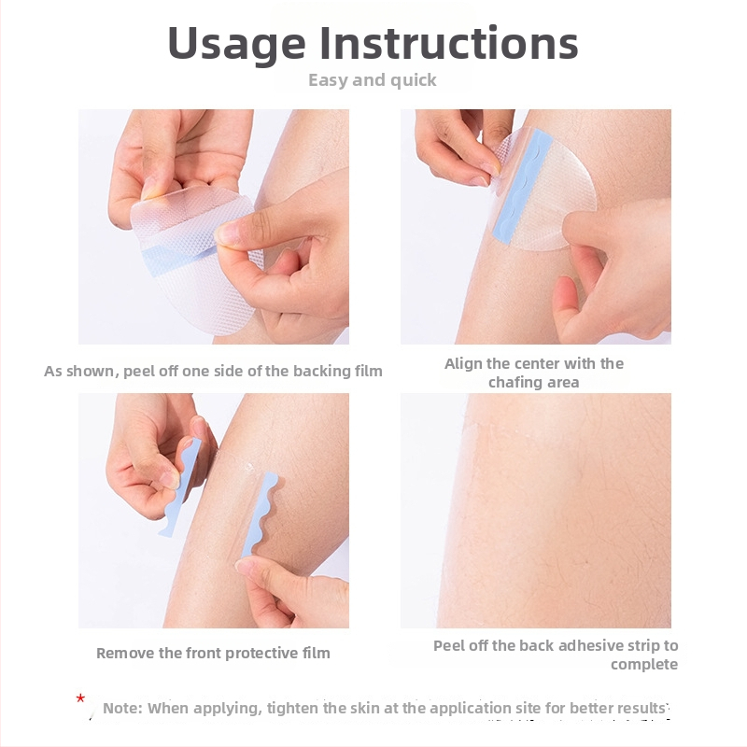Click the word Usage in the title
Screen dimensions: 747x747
pos(237,44)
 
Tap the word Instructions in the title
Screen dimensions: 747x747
pos(449,43)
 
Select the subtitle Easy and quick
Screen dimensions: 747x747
pos(372,80)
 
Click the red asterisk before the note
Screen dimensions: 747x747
pos(80,698)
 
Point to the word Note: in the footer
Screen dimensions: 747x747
pos(123,708)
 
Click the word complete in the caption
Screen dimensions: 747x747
pos(644,665)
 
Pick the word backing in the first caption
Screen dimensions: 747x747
pos(320,372)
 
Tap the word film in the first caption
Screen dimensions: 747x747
pos(370,371)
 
